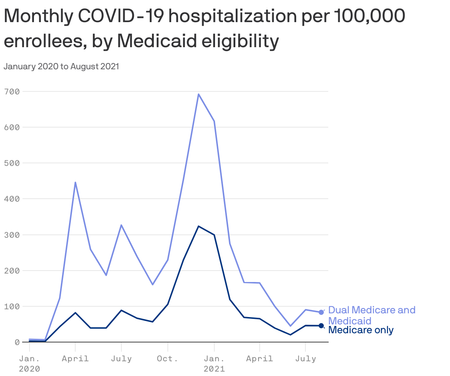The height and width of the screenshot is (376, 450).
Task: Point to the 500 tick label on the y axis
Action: [x=11, y=163]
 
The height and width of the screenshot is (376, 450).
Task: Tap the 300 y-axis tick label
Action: [x=11, y=235]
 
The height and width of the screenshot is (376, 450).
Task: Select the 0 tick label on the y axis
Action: [x=17, y=342]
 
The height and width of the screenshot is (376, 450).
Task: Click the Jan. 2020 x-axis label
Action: [x=30, y=363]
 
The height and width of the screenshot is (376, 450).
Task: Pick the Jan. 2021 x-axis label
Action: [x=214, y=363]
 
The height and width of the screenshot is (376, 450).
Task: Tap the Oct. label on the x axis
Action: [x=168, y=359]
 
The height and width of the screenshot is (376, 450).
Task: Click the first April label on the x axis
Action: [x=75, y=359]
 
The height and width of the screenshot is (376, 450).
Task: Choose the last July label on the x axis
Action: [x=306, y=359]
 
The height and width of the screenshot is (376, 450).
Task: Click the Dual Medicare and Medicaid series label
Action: [x=371, y=315]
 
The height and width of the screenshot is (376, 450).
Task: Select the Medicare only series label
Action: [x=361, y=330]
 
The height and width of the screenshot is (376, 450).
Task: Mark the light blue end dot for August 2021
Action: [x=321, y=312]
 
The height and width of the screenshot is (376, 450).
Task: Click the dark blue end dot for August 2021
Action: [x=321, y=325]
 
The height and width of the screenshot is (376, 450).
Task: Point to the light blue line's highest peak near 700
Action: [x=198, y=94]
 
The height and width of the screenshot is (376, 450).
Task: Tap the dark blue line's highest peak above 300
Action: [x=198, y=226]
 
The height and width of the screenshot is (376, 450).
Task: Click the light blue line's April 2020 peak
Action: [x=75, y=182]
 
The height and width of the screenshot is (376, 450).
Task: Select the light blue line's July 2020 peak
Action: [x=121, y=225]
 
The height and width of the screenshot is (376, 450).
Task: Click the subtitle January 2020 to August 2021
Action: [x=61, y=67]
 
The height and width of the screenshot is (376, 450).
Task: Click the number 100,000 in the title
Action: [x=369, y=16]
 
